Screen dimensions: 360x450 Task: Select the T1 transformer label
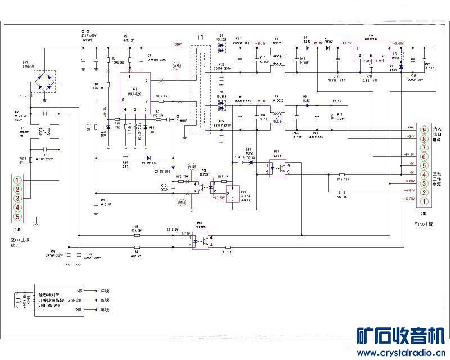click(x=200, y=37)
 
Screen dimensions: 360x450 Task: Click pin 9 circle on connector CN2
click(x=424, y=130)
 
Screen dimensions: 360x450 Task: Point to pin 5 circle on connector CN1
click(x=17, y=217)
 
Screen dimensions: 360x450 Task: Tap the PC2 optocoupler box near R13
click(x=204, y=186)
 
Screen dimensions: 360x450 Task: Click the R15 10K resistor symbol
click(x=342, y=174)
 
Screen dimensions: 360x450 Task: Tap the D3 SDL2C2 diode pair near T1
click(x=221, y=48)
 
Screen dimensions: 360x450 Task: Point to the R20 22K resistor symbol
click(x=125, y=157)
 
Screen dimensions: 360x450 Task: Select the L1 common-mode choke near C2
click(x=42, y=131)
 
